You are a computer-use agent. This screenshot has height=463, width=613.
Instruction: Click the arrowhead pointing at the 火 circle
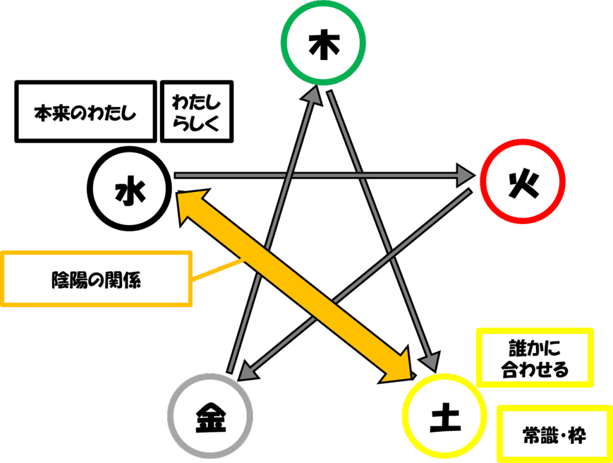click(x=465, y=175)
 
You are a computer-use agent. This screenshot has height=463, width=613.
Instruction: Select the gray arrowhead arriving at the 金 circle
click(x=248, y=371)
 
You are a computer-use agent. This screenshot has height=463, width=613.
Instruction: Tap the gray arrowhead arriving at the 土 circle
click(x=431, y=361)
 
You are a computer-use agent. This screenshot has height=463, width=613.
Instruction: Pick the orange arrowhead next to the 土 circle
click(x=398, y=366)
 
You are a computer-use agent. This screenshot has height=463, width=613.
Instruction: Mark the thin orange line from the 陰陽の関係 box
click(x=217, y=269)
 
